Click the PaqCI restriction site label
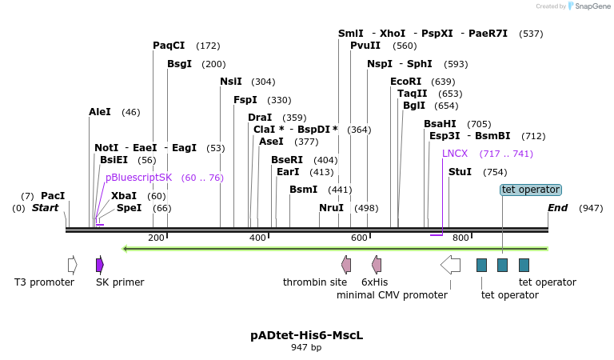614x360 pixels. click(169, 46)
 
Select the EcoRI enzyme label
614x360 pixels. click(405, 82)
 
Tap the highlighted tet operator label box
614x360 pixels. click(531, 190)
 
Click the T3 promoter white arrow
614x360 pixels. click(73, 265)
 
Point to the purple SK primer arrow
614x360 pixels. click(100, 265)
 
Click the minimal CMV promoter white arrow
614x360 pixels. click(450, 265)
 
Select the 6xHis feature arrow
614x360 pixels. click(377, 265)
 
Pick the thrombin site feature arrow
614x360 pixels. click(346, 265)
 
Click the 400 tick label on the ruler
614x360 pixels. click(257, 238)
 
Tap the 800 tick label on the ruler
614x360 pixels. click(460, 238)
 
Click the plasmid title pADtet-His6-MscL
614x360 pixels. click(306, 335)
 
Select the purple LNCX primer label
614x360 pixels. click(455, 154)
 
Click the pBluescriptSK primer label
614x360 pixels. click(139, 178)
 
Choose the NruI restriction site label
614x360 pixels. click(331, 208)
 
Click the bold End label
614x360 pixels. click(557, 208)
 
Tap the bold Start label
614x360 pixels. click(45, 208)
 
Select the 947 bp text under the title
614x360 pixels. click(306, 348)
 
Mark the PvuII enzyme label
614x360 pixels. click(365, 46)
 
